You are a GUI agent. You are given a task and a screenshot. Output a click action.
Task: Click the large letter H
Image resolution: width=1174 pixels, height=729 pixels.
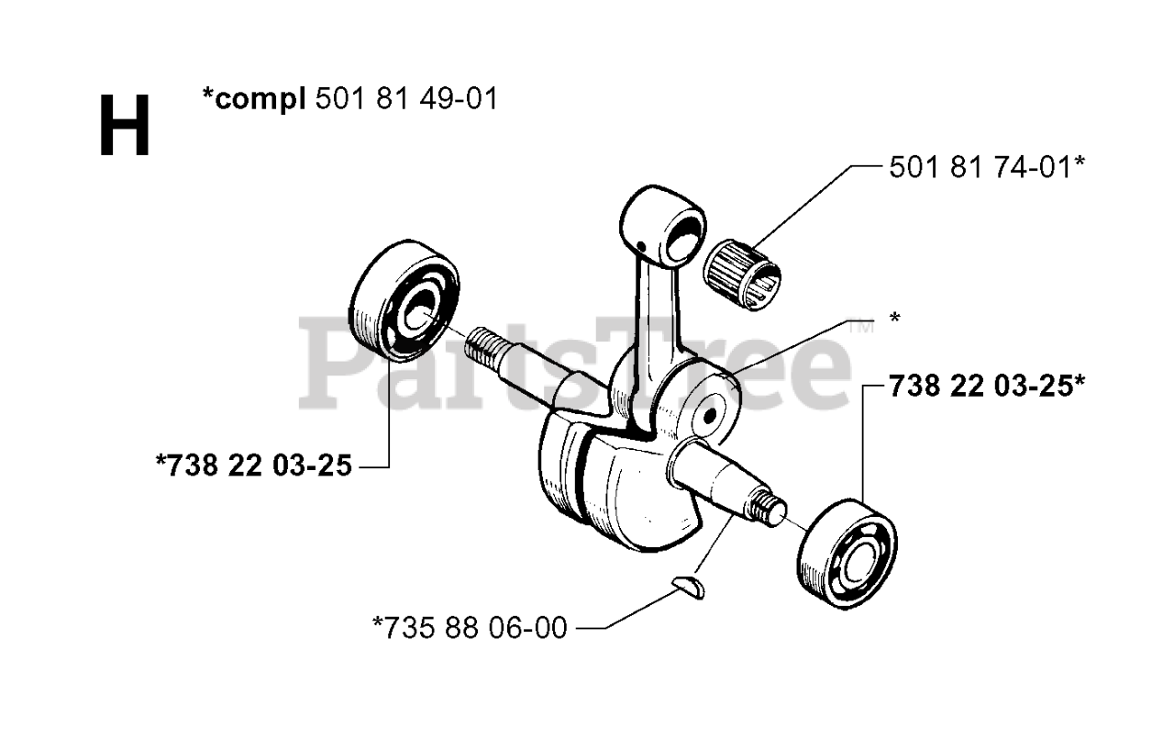[x=124, y=128]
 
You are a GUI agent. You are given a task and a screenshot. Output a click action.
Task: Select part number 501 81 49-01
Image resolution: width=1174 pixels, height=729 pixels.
[x=406, y=98]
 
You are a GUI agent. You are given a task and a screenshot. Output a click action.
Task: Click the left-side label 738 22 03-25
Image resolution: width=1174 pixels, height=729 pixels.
[x=254, y=466]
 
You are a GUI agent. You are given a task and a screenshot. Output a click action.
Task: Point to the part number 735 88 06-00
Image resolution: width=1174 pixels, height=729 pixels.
[x=470, y=628]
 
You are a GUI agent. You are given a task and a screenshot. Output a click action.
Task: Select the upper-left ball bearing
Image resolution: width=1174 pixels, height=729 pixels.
[x=404, y=300]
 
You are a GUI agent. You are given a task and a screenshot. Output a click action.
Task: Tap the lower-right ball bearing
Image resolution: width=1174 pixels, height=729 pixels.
[x=848, y=550]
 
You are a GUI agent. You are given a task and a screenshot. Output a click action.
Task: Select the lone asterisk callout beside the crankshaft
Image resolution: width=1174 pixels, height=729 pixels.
[x=893, y=319]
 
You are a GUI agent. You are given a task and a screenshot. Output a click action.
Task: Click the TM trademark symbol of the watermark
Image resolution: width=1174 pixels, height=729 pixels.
[x=858, y=326]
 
